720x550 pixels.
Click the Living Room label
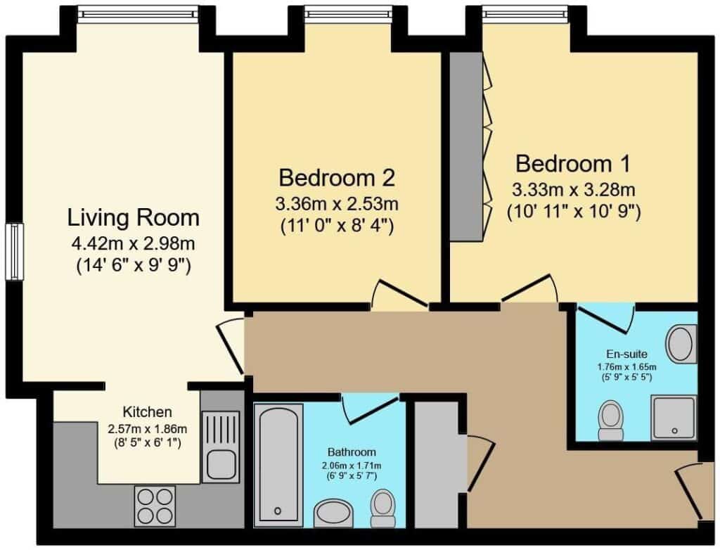click(x=133, y=218)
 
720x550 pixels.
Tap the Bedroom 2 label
click(x=337, y=178)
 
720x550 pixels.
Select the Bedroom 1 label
click(x=573, y=164)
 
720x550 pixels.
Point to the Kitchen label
click(x=148, y=411)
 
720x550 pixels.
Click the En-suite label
click(x=626, y=354)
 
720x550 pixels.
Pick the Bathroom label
click(x=352, y=452)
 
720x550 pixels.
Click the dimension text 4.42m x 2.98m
click(x=133, y=243)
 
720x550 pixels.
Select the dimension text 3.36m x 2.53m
click(x=337, y=203)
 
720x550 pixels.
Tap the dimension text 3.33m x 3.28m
click(x=574, y=189)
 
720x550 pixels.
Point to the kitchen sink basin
click(x=221, y=464)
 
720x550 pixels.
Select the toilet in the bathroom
click(x=383, y=508)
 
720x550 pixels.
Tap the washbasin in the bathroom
click(x=333, y=513)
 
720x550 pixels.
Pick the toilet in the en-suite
click(x=611, y=420)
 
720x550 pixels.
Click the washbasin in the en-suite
click(x=681, y=344)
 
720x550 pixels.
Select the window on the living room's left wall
click(x=14, y=251)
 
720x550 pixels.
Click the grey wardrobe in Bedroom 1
click(x=466, y=146)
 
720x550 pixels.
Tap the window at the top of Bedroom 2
click(x=349, y=14)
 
